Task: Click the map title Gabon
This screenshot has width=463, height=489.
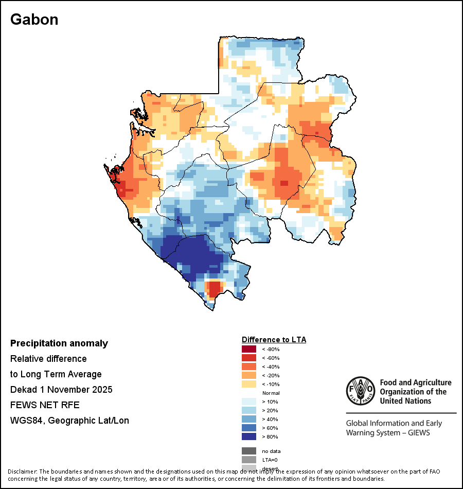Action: pyautogui.click(x=34, y=20)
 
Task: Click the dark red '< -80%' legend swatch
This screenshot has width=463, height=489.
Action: pyautogui.click(x=249, y=349)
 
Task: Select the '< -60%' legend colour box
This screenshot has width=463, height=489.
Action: pyautogui.click(x=249, y=358)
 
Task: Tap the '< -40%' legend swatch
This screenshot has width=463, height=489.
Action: pyautogui.click(x=249, y=366)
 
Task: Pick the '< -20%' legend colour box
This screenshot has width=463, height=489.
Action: pyautogui.click(x=249, y=375)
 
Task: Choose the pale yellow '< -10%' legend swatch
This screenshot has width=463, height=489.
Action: pyautogui.click(x=249, y=384)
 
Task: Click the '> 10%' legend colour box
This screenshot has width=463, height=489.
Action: pyautogui.click(x=249, y=401)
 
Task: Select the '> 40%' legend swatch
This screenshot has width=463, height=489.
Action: pyautogui.click(x=249, y=419)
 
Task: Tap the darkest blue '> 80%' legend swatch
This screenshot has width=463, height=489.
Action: pyautogui.click(x=249, y=436)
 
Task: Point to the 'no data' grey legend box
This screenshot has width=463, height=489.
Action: pyautogui.click(x=249, y=451)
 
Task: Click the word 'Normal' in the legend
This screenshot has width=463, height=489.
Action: pyautogui.click(x=271, y=393)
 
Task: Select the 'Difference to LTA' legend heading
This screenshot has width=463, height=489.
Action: pyautogui.click(x=274, y=340)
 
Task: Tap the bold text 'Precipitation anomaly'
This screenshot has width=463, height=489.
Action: pyautogui.click(x=59, y=343)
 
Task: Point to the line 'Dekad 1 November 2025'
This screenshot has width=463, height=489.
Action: pyautogui.click(x=61, y=389)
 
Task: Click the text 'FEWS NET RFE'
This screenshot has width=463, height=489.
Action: pyautogui.click(x=45, y=405)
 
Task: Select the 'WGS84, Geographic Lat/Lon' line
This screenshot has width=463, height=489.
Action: pyautogui.click(x=69, y=421)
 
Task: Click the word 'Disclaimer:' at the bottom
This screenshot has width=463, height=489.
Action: pyautogui.click(x=23, y=471)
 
